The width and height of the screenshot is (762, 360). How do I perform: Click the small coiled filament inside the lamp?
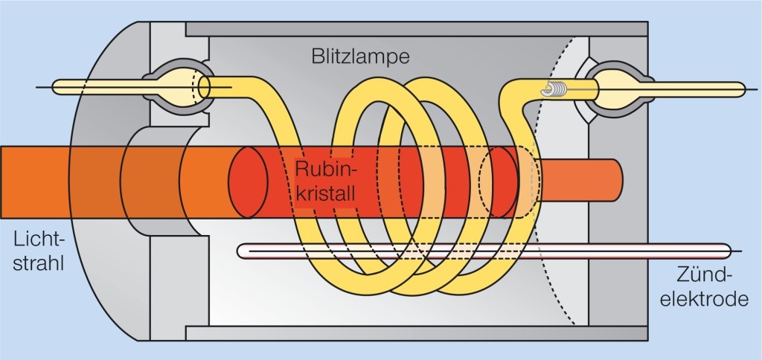[x=558, y=90]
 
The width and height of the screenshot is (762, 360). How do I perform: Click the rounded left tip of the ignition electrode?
[x=242, y=251]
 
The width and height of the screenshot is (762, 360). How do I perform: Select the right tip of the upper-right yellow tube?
[x=740, y=89]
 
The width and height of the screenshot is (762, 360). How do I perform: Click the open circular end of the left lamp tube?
[x=205, y=87]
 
